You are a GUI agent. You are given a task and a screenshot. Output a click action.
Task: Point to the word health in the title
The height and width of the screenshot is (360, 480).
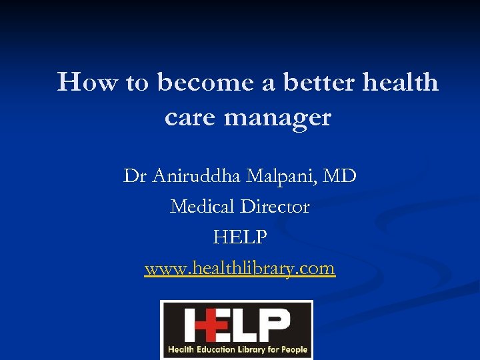[401, 83]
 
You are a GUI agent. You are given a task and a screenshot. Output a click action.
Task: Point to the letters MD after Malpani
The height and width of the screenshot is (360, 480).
[342, 177]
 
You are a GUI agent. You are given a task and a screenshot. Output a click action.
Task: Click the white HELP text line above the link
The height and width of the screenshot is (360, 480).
[240, 237]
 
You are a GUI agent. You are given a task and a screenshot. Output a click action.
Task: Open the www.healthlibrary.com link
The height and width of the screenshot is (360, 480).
[240, 268]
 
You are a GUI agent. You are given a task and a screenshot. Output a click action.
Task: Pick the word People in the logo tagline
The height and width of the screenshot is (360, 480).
[294, 349]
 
